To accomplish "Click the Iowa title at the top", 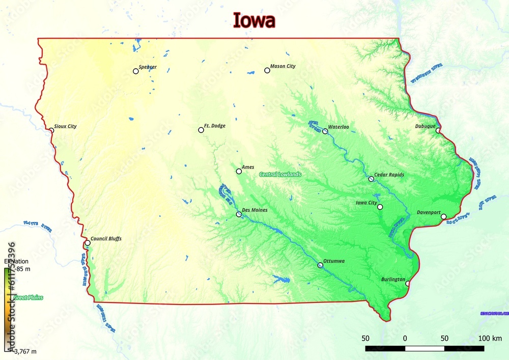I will pyautogui.click(x=254, y=20).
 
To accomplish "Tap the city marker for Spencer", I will pyautogui.click(x=136, y=71).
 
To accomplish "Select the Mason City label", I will pyautogui.click(x=282, y=66).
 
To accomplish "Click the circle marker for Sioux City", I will pyautogui.click(x=51, y=130).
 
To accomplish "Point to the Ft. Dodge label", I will pyautogui.click(x=214, y=126).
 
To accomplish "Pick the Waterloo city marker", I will pyautogui.click(x=325, y=131).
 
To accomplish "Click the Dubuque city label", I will pyautogui.click(x=426, y=126).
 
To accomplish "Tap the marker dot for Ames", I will pyautogui.click(x=239, y=171).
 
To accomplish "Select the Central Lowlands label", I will pyautogui.click(x=280, y=174).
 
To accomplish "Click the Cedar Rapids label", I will pyautogui.click(x=389, y=175).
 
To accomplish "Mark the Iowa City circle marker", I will pyautogui.click(x=380, y=207).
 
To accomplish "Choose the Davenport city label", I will pyautogui.click(x=429, y=212).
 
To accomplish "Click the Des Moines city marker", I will pyautogui.click(x=239, y=214).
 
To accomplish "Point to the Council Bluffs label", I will pyautogui.click(x=106, y=238).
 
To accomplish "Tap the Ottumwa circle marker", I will pyautogui.click(x=320, y=265).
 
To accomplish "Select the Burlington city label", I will pyautogui.click(x=393, y=280).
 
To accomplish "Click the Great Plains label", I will pyautogui.click(x=28, y=297).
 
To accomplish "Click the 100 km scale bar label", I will pyautogui.click(x=490, y=338).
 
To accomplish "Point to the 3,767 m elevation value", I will pyautogui.click(x=24, y=351).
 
